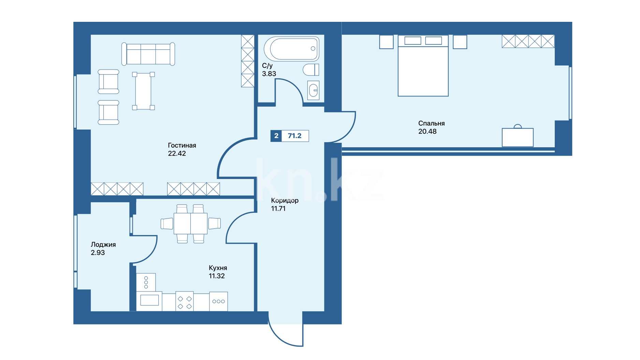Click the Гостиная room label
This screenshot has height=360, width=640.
pyautogui.click(x=182, y=145)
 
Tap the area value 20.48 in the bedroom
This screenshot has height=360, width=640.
pyautogui.click(x=427, y=132)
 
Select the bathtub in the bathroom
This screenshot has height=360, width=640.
pyautogui.click(x=292, y=49)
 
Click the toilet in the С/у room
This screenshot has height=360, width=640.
pyautogui.click(x=311, y=70)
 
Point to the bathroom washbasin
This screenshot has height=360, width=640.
pyautogui.click(x=313, y=90)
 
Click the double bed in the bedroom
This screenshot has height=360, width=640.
pyautogui.click(x=423, y=66)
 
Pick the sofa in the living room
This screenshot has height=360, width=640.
pyautogui.click(x=148, y=54)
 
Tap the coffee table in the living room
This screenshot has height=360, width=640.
pyautogui.click(x=144, y=91)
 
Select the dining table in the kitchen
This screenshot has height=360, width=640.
pyautogui.click(x=191, y=223)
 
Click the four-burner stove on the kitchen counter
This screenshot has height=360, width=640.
pyautogui.click(x=185, y=301)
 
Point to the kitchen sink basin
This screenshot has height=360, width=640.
pyautogui.click(x=149, y=300)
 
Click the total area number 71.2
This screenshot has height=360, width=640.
pyautogui.click(x=295, y=136)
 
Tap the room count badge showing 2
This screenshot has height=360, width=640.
pyautogui.click(x=276, y=136)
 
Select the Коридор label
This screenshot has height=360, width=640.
pyautogui.click(x=285, y=201)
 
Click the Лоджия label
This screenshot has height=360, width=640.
pyautogui.click(x=103, y=245)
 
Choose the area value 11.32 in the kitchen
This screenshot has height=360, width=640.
pyautogui.click(x=217, y=276)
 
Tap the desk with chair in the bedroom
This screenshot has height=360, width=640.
pyautogui.click(x=518, y=136)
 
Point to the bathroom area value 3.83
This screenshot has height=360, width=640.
pyautogui.click(x=269, y=74)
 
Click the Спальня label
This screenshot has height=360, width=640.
pyautogui.click(x=432, y=124)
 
